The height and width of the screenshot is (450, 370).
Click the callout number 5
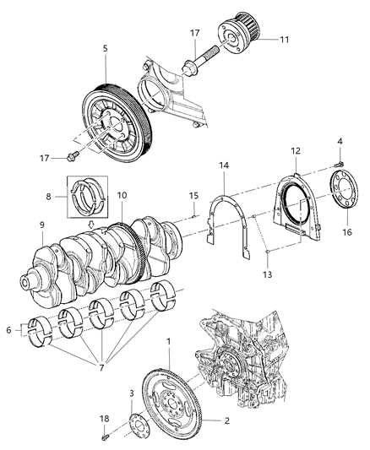coord(105,50)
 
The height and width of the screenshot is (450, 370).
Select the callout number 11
coord(285,39)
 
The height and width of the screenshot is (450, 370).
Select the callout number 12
coord(296,151)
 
